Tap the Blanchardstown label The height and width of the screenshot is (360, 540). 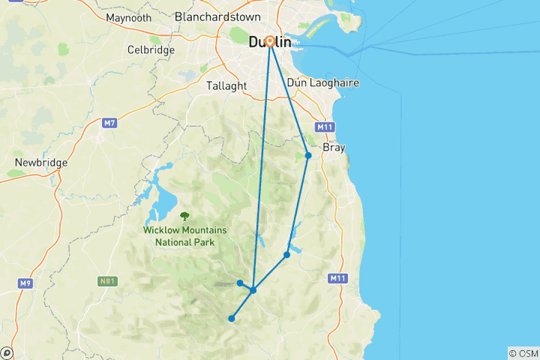(217, 16)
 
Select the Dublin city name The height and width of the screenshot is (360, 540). (270, 43)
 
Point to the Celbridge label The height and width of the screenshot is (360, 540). (151, 49)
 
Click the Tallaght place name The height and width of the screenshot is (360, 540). (226, 85)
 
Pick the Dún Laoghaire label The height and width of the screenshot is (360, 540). (328, 82)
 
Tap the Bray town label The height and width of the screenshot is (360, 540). (334, 148)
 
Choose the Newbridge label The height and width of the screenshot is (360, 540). (41, 162)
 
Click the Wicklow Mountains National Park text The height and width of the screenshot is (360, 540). (184, 236)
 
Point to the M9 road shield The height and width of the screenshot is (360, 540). (25, 283)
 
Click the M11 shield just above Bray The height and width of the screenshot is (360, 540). (325, 127)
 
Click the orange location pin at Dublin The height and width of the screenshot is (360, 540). (269, 42)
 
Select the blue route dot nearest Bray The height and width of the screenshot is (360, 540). (308, 155)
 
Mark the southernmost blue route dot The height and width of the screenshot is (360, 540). (232, 319)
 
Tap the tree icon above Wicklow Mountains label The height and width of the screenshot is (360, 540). (185, 216)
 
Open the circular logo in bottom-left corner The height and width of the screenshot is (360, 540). (7, 352)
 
